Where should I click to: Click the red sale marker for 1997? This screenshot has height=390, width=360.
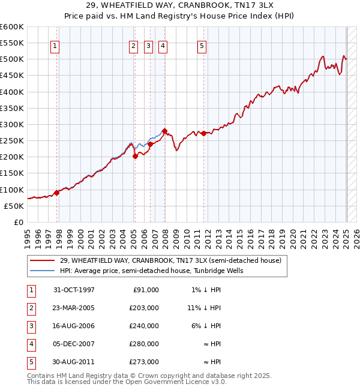click(57, 193)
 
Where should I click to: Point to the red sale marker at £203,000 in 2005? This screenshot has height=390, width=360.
click(135, 156)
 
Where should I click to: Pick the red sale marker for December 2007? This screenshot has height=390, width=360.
click(164, 131)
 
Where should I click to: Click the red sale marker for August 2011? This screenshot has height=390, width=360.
click(203, 133)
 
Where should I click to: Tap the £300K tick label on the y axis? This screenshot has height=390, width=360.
click(12, 124)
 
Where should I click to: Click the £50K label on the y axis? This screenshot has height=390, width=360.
click(14, 206)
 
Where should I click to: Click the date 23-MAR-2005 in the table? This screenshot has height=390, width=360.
click(74, 308)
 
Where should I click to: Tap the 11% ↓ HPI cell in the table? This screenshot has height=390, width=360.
click(204, 308)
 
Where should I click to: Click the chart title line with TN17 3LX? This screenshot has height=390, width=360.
click(180, 5)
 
